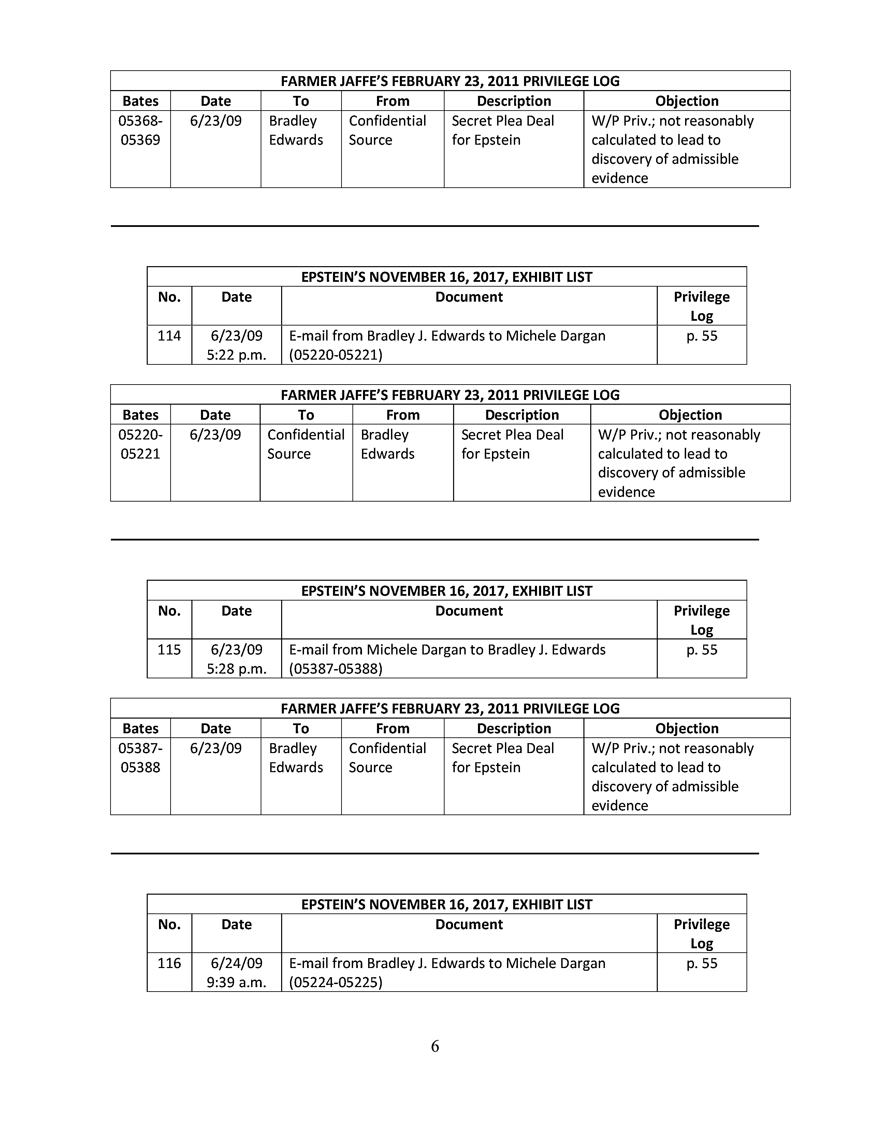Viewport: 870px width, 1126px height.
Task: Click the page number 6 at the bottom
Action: pos(435,1046)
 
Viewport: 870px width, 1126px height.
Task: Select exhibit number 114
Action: pos(169,336)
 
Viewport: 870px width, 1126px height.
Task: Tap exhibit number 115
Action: pos(169,650)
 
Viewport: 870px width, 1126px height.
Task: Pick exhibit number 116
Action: pos(169,963)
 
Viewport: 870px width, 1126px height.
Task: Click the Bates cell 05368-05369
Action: pos(140,130)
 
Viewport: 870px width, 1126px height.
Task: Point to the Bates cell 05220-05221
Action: pos(140,444)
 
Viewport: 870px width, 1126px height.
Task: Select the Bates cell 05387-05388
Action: pos(140,758)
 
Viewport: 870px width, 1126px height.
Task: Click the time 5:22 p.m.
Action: pos(236,355)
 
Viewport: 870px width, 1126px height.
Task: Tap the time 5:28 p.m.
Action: pos(236,669)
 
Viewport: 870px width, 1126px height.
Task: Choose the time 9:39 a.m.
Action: pos(236,983)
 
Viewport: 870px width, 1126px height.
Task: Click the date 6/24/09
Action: pos(236,963)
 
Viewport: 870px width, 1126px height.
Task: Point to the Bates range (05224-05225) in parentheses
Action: pos(335,983)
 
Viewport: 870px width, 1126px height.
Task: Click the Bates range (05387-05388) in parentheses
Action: pos(335,669)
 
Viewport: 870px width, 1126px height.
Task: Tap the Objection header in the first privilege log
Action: pos(686,101)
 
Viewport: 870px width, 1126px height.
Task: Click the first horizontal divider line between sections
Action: pos(434,226)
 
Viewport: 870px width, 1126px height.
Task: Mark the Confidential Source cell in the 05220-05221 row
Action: pos(306,444)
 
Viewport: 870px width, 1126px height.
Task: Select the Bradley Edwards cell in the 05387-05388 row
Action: pos(296,758)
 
